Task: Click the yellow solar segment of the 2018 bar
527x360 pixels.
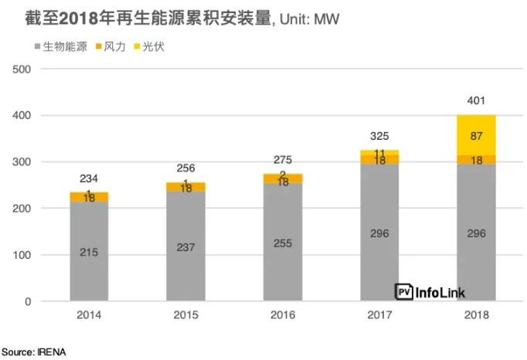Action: click(476, 135)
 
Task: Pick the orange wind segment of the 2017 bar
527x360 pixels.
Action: click(379, 160)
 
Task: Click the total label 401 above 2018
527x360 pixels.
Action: click(476, 100)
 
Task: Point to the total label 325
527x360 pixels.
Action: click(379, 136)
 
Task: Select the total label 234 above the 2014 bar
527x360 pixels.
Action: click(89, 178)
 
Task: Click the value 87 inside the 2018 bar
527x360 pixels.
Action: click(476, 136)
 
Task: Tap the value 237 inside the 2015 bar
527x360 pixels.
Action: click(185, 247)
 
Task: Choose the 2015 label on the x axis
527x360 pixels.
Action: click(185, 314)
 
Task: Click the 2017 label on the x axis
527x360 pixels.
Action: click(379, 314)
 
